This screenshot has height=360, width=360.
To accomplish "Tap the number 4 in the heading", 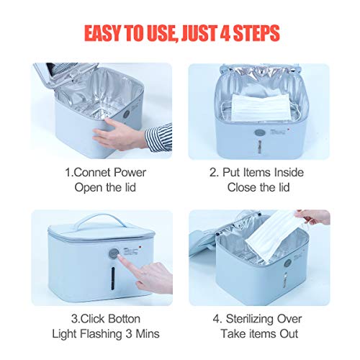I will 233,33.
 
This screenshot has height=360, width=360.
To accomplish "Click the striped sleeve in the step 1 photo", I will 161,137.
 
